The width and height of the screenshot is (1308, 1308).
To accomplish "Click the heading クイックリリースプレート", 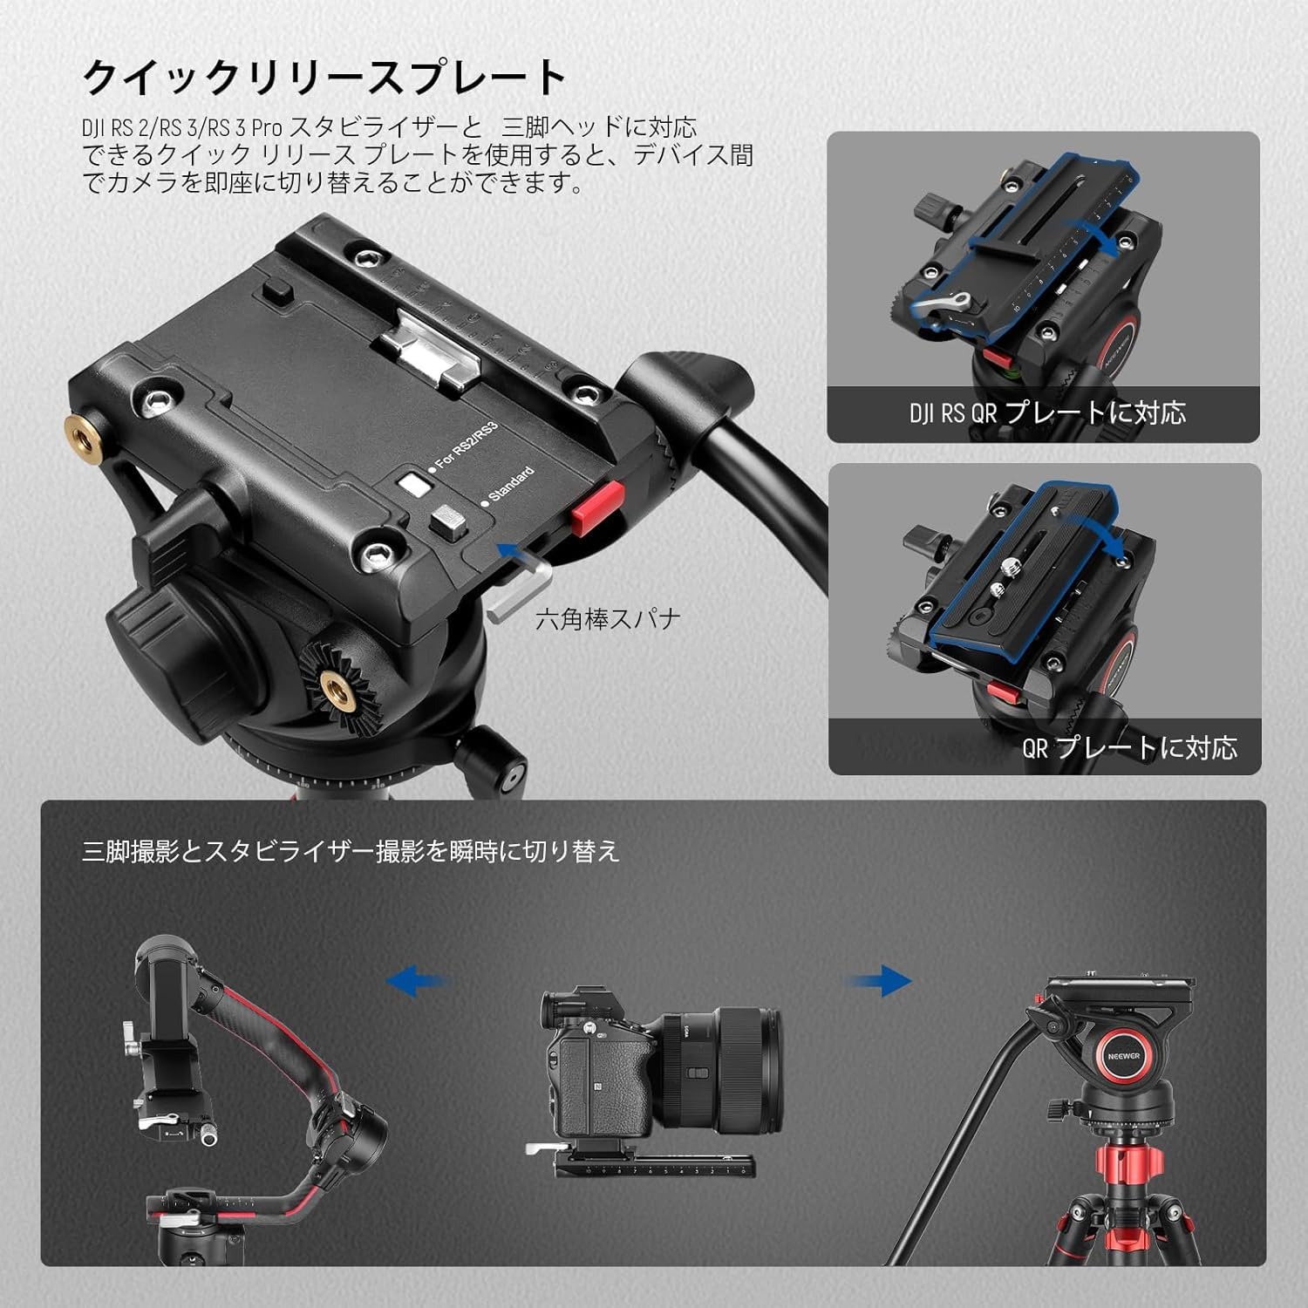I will point(324,78).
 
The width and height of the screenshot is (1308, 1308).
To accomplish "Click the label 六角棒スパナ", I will point(607,619).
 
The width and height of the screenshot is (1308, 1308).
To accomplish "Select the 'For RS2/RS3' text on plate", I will point(466,446).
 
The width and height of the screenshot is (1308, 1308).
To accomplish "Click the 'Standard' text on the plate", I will point(510,485).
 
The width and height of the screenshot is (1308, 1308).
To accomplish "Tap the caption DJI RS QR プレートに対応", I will point(1046,412).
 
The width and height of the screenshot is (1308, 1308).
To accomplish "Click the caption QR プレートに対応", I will point(1129,747).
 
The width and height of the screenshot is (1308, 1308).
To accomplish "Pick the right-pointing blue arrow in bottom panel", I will point(878,981).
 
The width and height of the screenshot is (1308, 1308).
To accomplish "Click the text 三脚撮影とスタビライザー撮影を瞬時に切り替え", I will point(351,851).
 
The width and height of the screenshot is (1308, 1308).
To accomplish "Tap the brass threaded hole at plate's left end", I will point(82,429).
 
